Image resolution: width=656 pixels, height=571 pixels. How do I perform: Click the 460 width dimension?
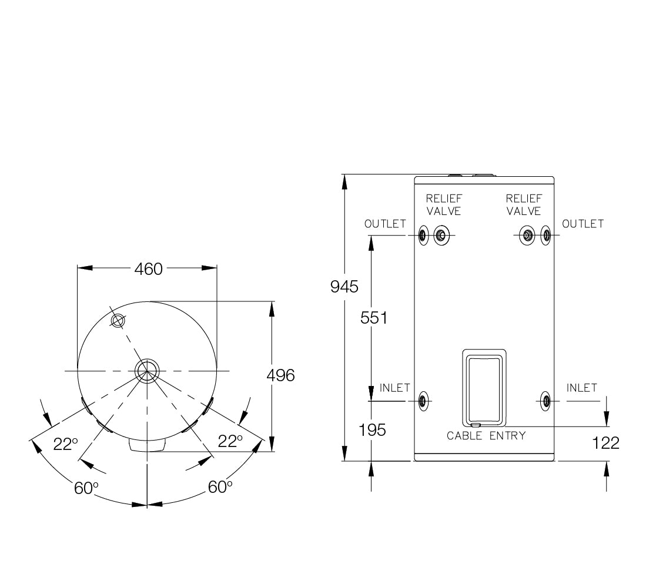pyautogui.click(x=148, y=269)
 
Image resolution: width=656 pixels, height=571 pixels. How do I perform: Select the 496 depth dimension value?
pyautogui.click(x=280, y=375)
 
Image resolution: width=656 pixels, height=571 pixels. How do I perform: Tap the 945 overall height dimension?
pyautogui.click(x=344, y=287)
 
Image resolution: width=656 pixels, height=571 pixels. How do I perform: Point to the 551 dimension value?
pyautogui.click(x=374, y=318)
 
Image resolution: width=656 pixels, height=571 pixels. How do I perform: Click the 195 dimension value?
pyautogui.click(x=373, y=429)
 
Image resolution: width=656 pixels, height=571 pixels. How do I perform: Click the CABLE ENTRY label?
pyautogui.click(x=486, y=436)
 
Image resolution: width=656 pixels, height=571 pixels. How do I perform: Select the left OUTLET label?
pyautogui.click(x=385, y=224)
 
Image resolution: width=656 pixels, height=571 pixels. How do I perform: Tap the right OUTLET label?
pyautogui.click(x=583, y=224)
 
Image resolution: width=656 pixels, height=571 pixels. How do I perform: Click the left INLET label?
pyautogui.click(x=394, y=388)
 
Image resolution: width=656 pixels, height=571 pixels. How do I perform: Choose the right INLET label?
pyautogui.click(x=581, y=388)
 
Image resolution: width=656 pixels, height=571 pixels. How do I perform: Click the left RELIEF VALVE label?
pyautogui.click(x=444, y=205)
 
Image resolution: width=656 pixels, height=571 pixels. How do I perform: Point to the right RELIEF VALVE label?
pyautogui.click(x=524, y=205)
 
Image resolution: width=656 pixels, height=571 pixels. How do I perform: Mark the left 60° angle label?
pyautogui.click(x=86, y=488)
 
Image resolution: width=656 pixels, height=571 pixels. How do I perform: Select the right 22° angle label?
pyautogui.click(x=230, y=442)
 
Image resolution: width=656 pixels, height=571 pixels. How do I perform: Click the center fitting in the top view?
pyautogui.click(x=146, y=370)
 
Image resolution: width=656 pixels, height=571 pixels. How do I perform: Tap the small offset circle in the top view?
pyautogui.click(x=118, y=320)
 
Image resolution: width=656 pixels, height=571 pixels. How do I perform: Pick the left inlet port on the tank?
pyautogui.click(x=423, y=401)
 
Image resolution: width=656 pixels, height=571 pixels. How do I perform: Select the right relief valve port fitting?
pyautogui.click(x=527, y=236)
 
